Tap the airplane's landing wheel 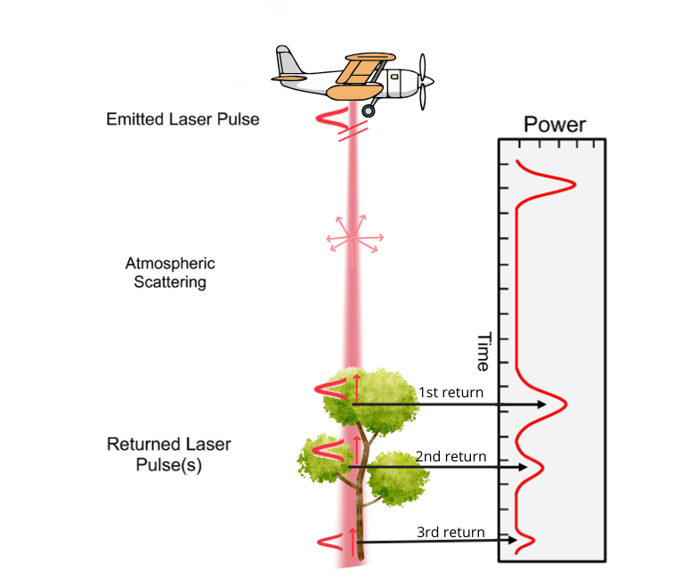coord(368,110)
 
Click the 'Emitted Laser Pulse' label coord(183,118)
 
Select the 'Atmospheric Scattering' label coord(170,273)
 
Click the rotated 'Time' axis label coord(483,352)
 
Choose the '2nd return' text coord(450,457)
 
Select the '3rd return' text coord(450,533)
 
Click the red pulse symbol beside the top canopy coord(327,388)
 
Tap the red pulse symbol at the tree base coord(328,540)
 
